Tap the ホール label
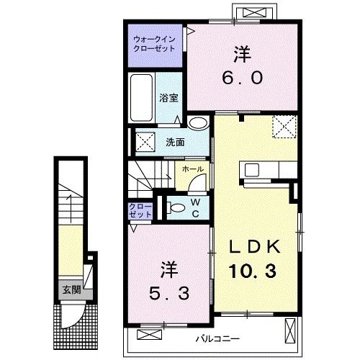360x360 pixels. (192, 169)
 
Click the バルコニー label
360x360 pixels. (217, 338)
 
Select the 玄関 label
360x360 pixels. (70, 291)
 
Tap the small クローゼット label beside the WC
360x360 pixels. (141, 210)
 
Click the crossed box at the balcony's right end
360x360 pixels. (291, 332)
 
